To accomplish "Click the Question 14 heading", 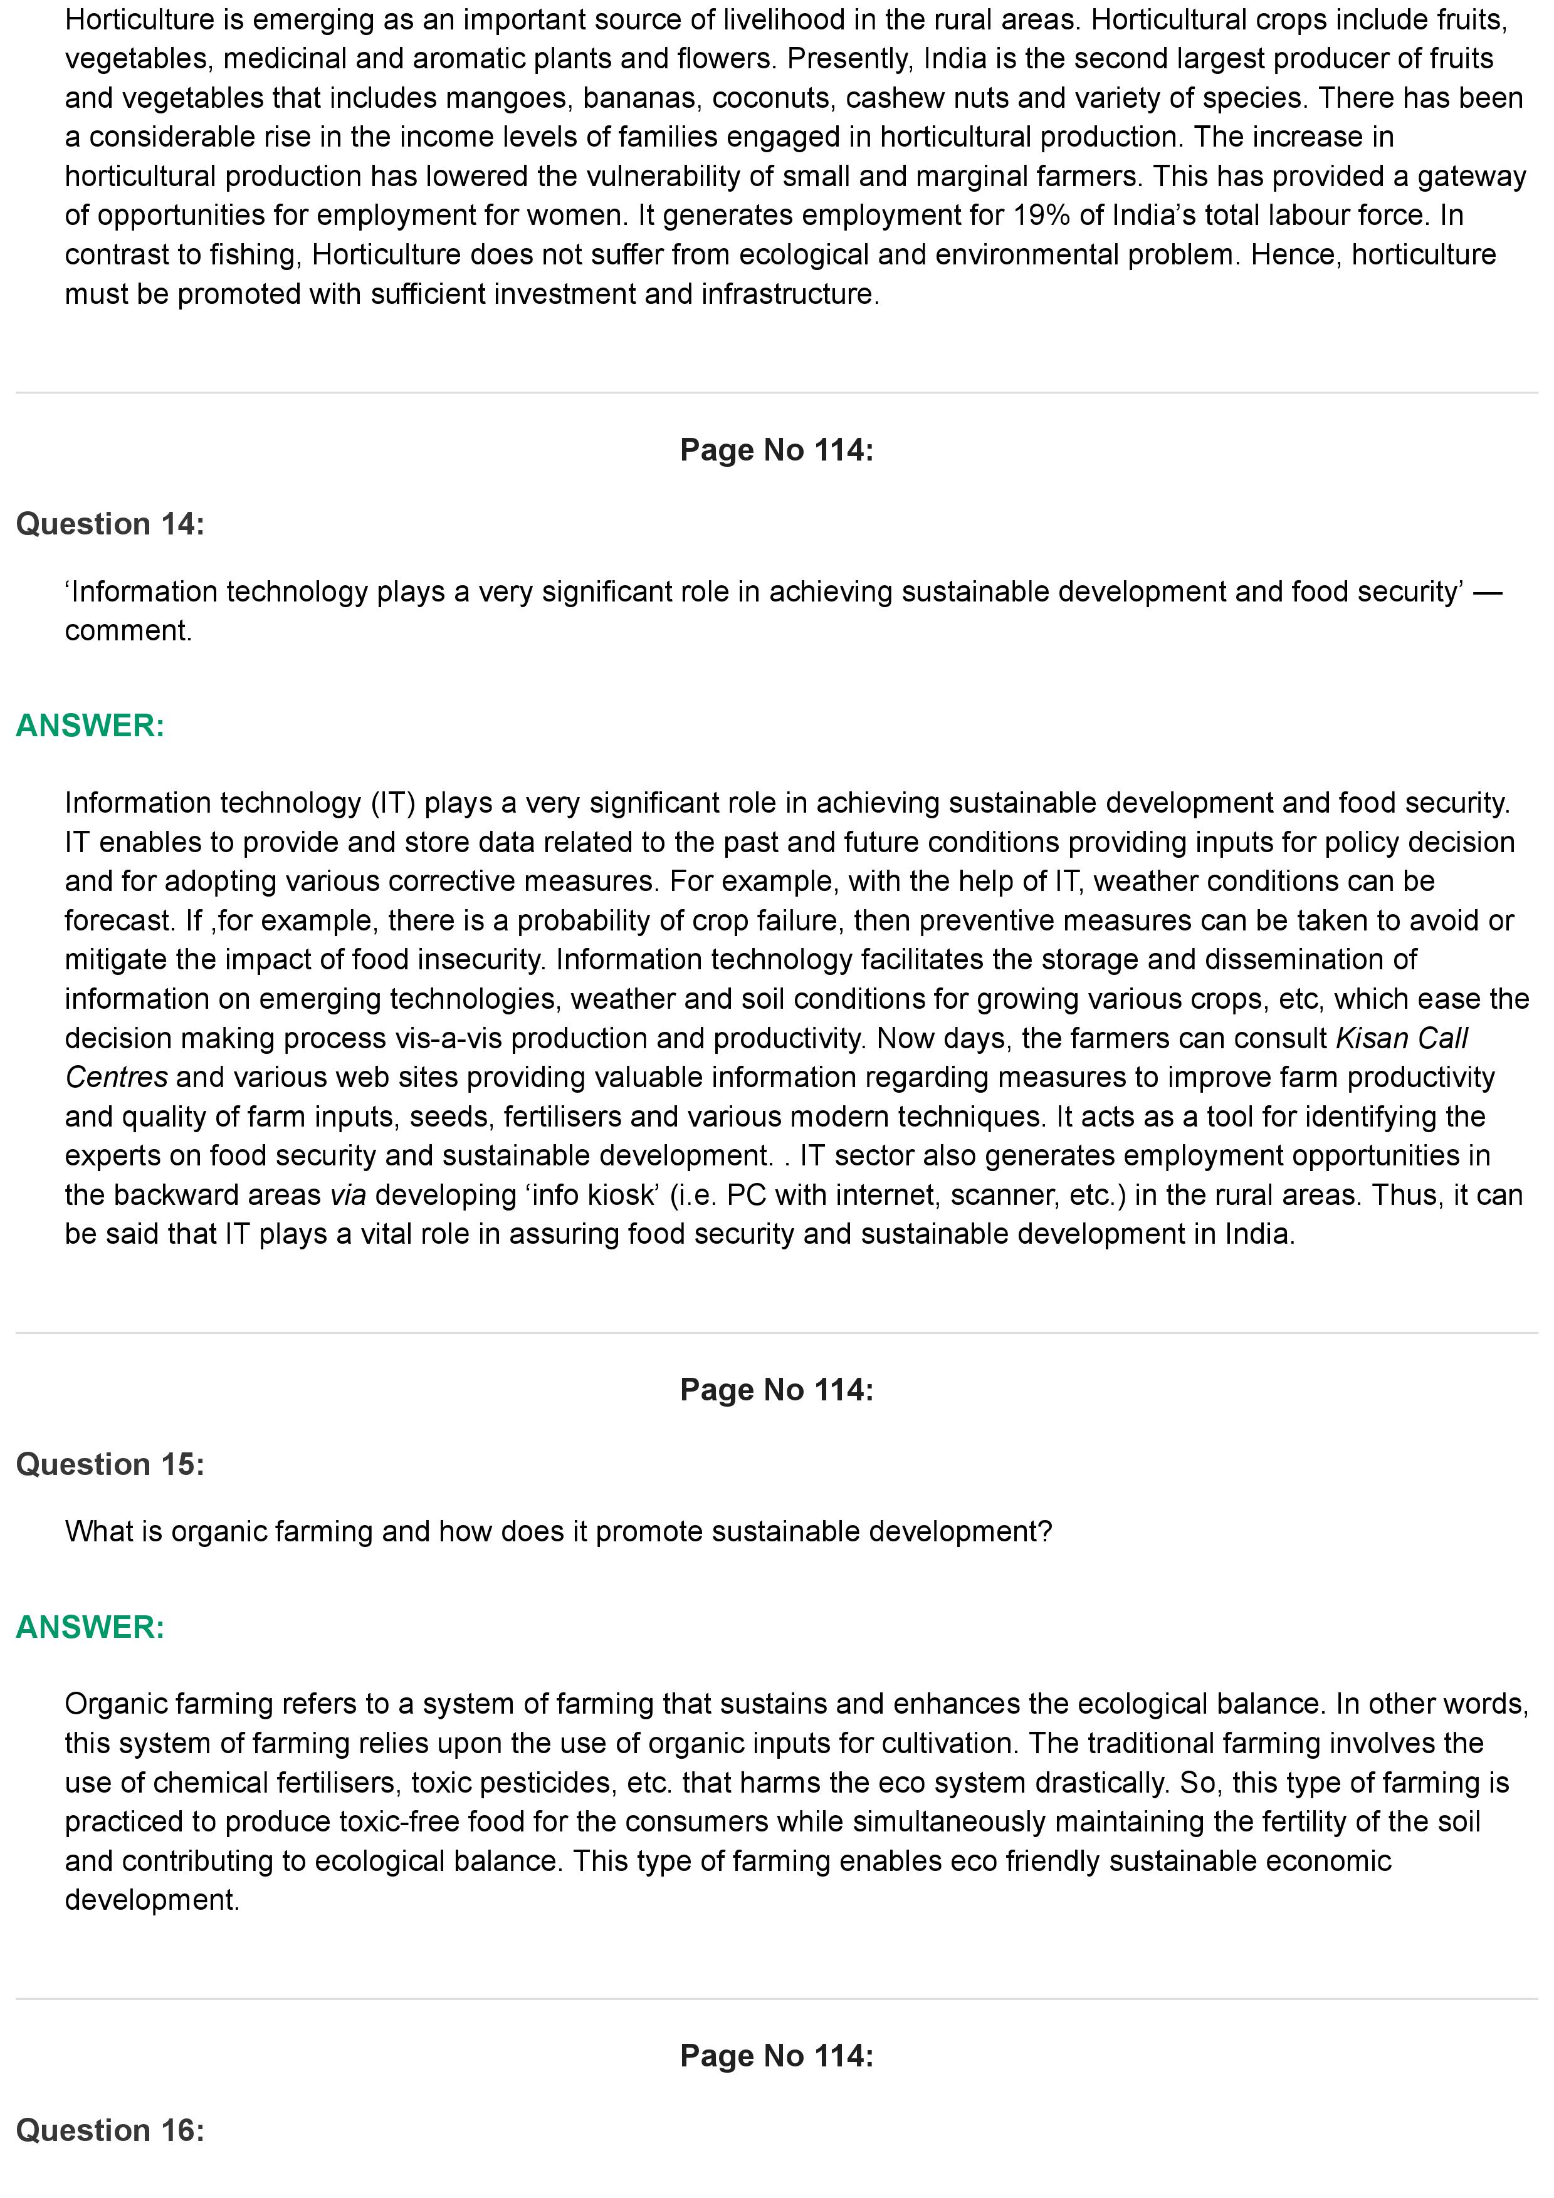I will coord(110,524).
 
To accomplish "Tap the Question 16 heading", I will coord(110,2130).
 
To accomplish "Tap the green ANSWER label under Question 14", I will coord(90,726).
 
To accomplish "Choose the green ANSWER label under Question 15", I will coord(90,1627).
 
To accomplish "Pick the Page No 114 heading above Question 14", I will coord(777,450).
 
